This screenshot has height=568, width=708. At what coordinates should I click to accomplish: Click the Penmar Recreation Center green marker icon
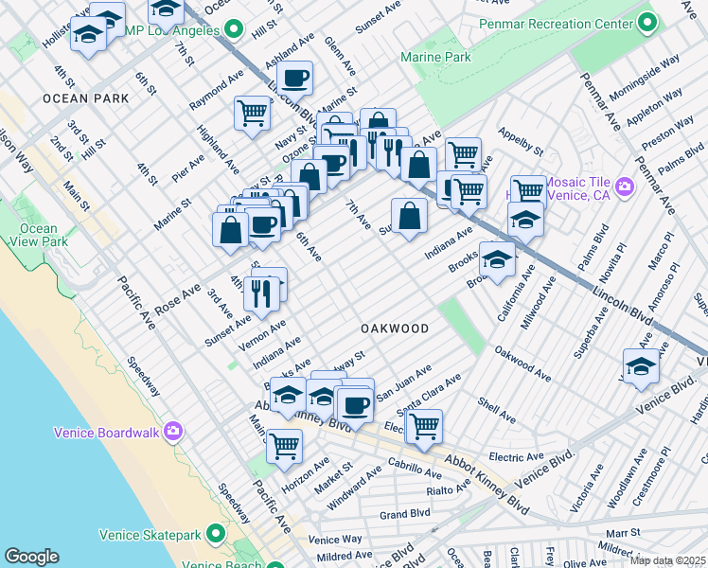648,21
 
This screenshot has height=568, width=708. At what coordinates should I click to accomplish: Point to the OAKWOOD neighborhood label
395,328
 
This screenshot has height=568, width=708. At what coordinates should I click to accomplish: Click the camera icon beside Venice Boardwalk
172,433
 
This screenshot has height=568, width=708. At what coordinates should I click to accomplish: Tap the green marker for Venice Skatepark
217,535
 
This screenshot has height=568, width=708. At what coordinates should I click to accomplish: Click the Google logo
31,557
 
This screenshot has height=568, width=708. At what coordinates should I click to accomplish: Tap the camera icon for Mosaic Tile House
624,186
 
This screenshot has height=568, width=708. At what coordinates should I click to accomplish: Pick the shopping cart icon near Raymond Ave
253,113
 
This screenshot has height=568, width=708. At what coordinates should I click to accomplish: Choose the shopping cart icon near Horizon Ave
284,445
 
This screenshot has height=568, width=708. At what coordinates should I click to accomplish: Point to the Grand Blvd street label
405,514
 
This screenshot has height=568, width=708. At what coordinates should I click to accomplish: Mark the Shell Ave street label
497,411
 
